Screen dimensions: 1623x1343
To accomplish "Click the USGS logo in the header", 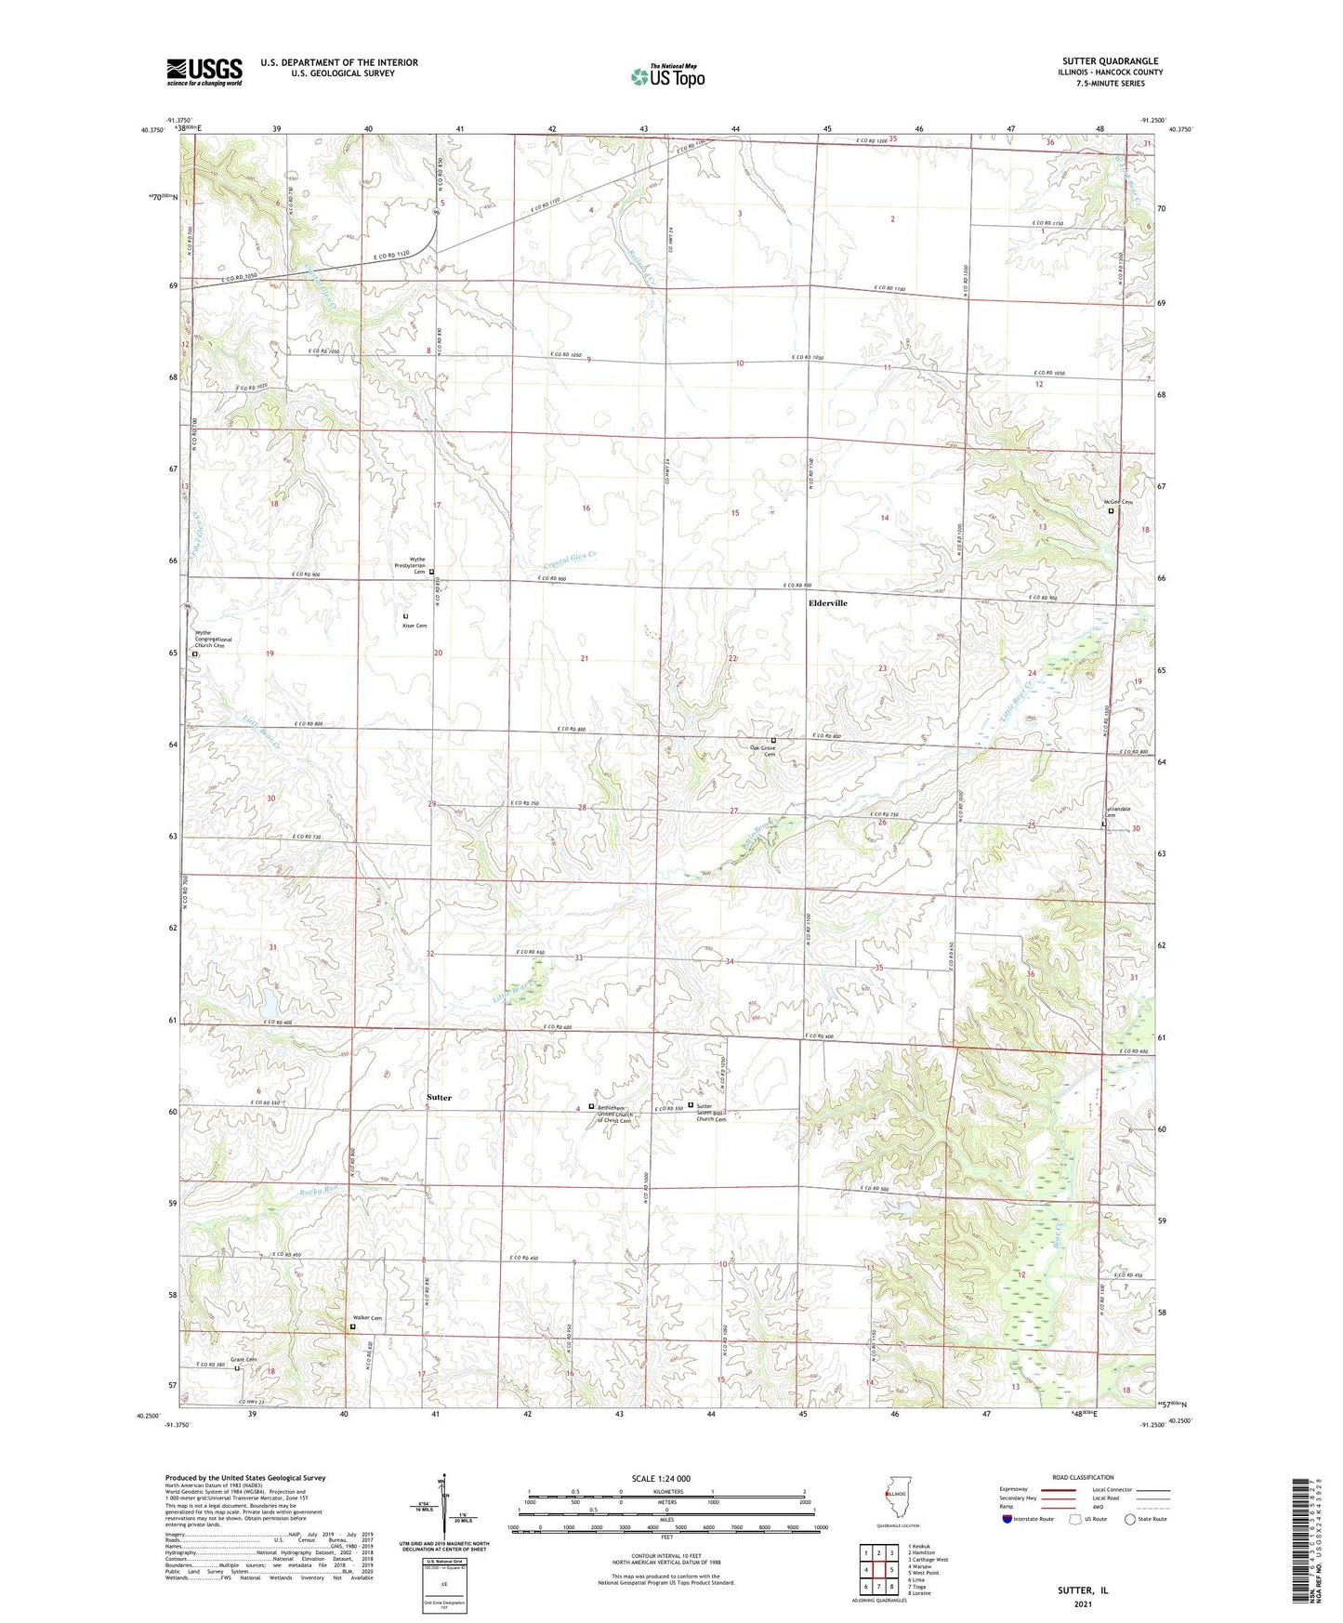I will (204, 72).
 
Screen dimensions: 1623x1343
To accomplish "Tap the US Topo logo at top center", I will (666, 76).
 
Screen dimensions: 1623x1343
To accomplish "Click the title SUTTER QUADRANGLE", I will (1110, 61).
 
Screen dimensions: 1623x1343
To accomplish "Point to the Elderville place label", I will (827, 603).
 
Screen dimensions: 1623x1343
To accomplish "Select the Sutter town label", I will (439, 1098).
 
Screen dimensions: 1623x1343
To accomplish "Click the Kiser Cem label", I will (415, 626).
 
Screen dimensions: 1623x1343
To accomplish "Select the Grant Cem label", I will (244, 1359).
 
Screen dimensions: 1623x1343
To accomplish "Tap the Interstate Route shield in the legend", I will (1007, 1520).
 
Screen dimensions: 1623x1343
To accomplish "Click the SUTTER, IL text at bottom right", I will (1083, 1590).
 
